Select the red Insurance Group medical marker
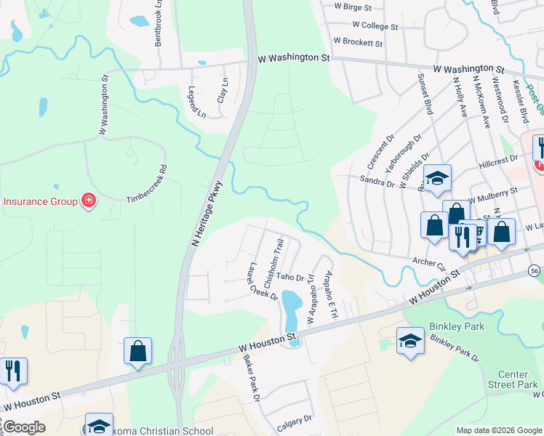89,201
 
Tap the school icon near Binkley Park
410,340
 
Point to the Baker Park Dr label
252,380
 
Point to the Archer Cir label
428,263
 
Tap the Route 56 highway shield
535,270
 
